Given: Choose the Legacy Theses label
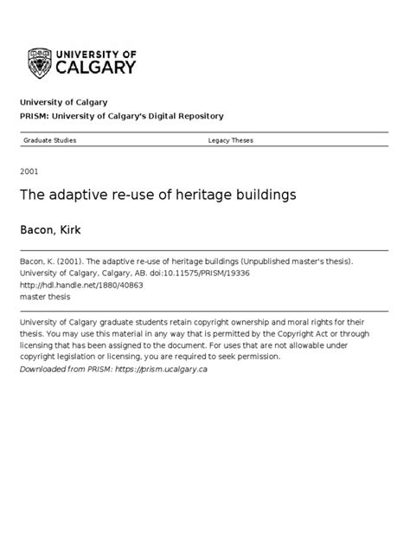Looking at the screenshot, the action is point(231,139).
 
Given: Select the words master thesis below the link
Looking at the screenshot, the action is point(46,295).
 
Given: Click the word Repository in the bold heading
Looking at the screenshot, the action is point(198,116).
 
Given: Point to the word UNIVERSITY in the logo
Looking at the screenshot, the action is point(100,52).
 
